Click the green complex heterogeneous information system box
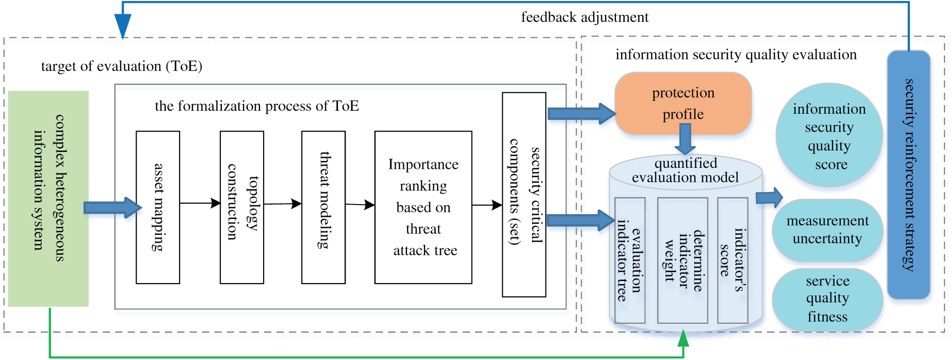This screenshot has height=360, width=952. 48,198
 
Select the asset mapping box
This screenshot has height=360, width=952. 158,207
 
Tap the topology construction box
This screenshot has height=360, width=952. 242,207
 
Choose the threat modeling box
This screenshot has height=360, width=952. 323,207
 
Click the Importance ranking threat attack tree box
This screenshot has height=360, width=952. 423,207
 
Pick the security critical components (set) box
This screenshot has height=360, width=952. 524,195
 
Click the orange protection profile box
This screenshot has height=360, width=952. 683,103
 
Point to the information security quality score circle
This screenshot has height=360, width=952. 829,135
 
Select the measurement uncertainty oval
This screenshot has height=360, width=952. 827,230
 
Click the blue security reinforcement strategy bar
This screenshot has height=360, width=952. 908,175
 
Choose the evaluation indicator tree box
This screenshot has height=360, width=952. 629,260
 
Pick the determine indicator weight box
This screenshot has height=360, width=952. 682,260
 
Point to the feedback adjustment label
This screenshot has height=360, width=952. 585,17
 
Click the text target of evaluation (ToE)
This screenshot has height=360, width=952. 122,66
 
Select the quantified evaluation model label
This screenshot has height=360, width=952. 685,170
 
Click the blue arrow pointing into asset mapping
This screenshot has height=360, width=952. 112,207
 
